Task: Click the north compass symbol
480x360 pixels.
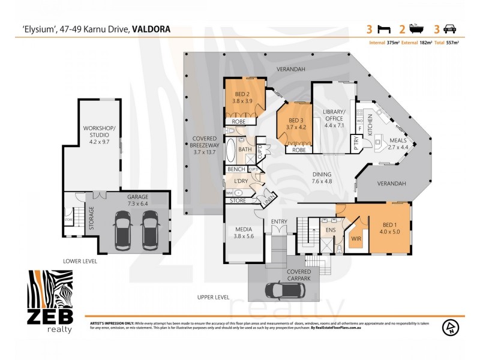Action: [449, 328]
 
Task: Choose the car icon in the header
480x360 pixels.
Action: [450, 28]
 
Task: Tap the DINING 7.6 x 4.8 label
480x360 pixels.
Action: [322, 178]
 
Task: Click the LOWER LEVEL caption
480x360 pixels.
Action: [80, 262]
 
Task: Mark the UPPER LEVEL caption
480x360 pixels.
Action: [213, 297]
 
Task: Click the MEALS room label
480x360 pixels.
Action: [398, 143]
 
